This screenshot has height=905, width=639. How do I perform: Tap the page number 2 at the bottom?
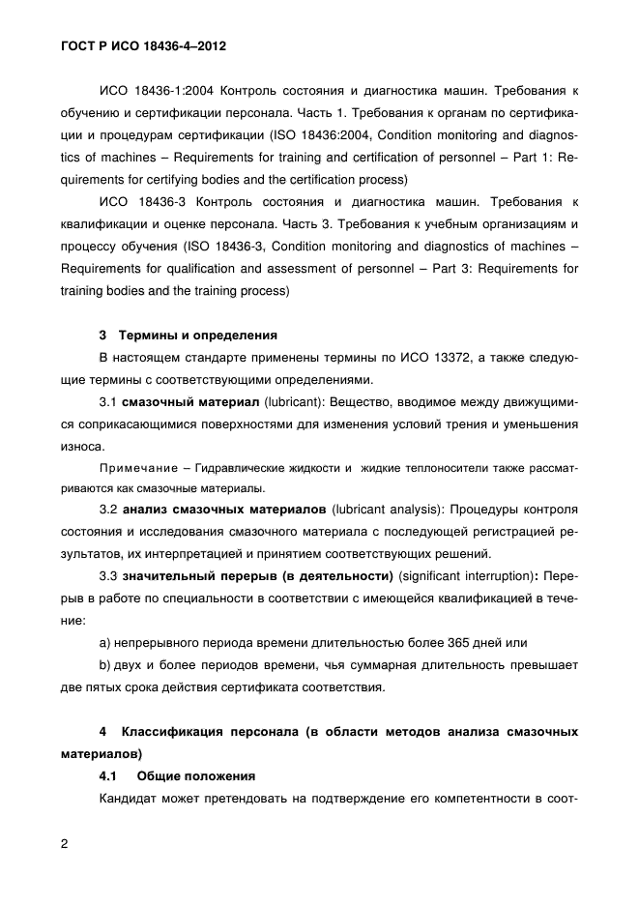(64, 843)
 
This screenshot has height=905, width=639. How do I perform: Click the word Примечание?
(137, 467)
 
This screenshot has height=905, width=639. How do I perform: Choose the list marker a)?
(106, 642)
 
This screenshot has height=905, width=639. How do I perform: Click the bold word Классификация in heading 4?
(185, 731)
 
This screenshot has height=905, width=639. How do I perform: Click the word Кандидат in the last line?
(130, 798)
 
